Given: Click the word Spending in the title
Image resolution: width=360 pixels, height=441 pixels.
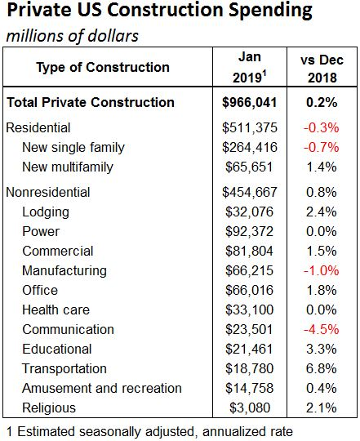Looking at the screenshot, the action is point(270,11).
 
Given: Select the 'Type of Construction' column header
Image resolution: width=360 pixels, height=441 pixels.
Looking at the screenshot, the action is point(103,67).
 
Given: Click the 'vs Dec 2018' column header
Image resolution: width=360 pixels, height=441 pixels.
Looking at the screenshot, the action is point(322,69).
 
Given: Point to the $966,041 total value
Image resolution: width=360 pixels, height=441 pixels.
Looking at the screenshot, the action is point(250,102).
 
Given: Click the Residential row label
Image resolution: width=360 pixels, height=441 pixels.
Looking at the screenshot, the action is point(38,127).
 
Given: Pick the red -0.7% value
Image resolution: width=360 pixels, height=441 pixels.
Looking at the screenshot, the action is point(321,147).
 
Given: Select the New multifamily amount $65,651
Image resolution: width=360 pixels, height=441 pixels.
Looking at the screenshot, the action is point(249,167).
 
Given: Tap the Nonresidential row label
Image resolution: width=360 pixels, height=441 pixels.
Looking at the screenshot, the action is point(48,193).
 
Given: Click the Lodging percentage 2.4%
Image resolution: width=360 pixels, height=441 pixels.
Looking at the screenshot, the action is point(321,212).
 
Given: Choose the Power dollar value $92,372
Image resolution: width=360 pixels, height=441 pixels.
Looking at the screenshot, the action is point(249,231).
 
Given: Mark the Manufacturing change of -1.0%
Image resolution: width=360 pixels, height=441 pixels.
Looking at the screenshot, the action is point(321,270).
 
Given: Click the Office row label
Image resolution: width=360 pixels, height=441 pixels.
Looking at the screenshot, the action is point(40,290).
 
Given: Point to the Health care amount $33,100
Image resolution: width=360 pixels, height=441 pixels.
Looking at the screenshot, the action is point(249,310).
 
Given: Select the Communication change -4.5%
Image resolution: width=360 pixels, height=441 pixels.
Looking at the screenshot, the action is point(321,329).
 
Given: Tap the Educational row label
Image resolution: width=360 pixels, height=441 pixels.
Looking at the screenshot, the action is point(57,349).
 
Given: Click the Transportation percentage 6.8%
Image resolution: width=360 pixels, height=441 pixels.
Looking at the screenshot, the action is point(321,368).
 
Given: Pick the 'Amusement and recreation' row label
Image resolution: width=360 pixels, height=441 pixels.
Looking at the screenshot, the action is point(102,388).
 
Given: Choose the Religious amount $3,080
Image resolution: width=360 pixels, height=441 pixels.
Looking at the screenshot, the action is point(250,408).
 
